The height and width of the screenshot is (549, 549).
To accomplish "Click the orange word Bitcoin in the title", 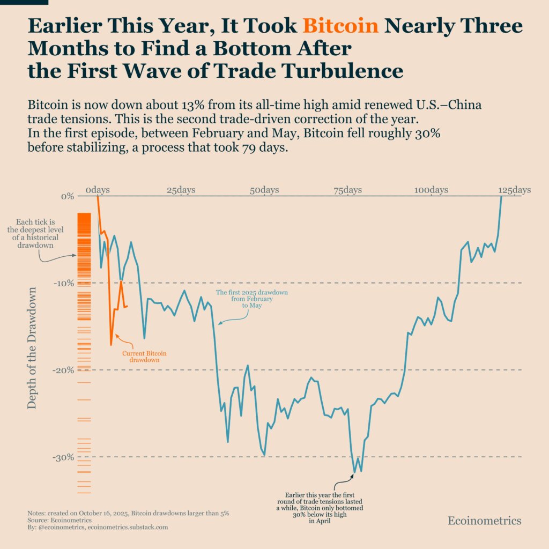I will click(x=340, y=26).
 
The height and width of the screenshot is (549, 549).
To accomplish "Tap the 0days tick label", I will click(x=98, y=190).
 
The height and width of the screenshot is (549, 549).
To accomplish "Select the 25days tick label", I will click(x=181, y=190).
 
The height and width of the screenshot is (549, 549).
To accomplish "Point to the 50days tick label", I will click(x=264, y=190).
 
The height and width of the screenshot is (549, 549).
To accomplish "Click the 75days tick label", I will click(x=347, y=190).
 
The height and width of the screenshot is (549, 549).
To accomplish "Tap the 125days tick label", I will click(x=514, y=190).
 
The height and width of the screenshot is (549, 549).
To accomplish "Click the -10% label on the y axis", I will click(x=63, y=283).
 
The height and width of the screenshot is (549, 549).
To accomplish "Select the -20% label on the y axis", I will click(x=63, y=370).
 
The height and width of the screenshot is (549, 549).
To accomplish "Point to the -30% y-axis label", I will click(x=63, y=457).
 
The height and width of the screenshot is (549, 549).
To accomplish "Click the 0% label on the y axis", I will click(x=67, y=196).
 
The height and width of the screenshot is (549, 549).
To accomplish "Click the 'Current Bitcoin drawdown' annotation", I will click(x=144, y=357).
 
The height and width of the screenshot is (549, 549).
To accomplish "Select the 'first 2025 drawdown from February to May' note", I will click(x=252, y=299).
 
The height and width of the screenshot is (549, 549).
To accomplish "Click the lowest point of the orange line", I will click(x=111, y=345).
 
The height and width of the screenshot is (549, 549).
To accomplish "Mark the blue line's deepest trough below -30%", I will click(x=354, y=473).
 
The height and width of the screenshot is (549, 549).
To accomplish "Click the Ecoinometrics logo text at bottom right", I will click(x=484, y=521).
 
